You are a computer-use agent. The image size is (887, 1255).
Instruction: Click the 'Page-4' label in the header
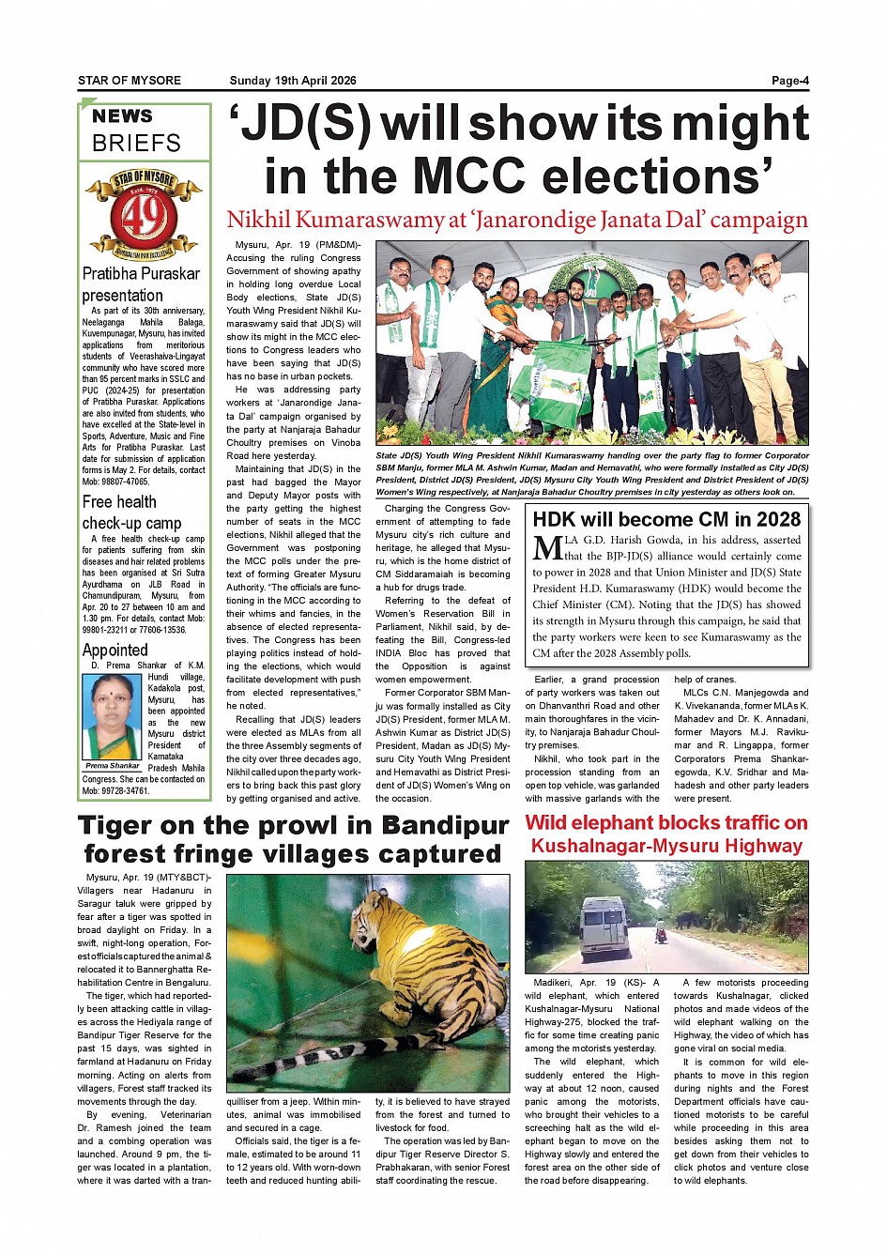coord(789,81)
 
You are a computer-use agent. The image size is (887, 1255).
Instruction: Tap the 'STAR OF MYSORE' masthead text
coord(130,81)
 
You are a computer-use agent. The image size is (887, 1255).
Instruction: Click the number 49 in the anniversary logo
coord(144,217)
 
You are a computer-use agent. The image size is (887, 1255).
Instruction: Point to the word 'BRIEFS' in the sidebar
coord(136,144)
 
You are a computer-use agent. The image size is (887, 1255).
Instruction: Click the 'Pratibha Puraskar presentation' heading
coord(141,284)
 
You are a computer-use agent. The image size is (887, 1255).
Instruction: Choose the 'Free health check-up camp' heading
coord(131,513)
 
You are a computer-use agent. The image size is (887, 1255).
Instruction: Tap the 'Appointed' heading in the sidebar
coord(115,650)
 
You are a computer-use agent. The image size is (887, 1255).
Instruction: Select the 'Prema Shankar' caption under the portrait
coord(113,766)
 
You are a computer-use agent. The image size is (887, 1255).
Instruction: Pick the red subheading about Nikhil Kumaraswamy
coord(516,220)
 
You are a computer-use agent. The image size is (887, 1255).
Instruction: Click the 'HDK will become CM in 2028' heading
coord(666,519)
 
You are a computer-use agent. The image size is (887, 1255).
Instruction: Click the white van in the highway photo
coord(605,925)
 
